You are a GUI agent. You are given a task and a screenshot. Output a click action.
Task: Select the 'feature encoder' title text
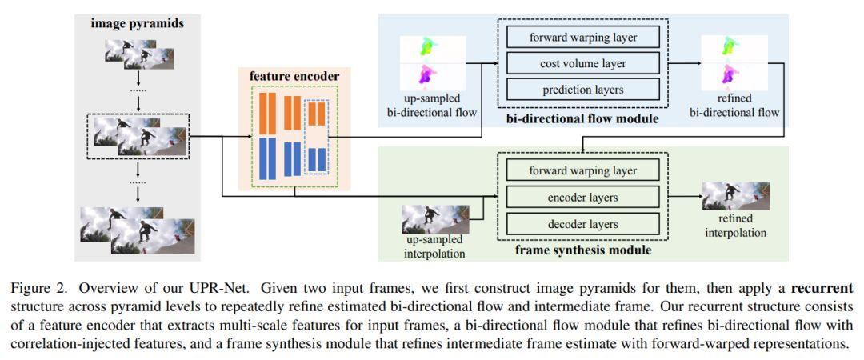[294, 77]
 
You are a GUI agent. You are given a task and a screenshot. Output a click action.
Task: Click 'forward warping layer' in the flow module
[582, 36]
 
